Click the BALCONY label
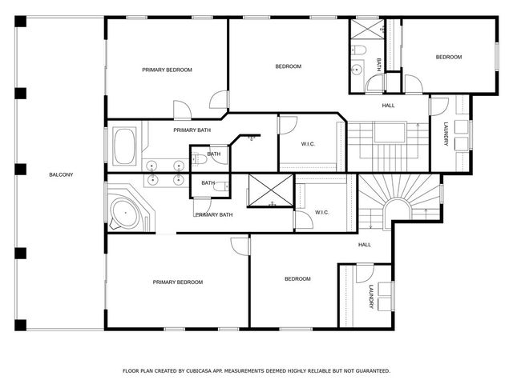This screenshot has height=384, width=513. coord(61,174)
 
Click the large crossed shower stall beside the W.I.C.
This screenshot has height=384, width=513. coord(271,190)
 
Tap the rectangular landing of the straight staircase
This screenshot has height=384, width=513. coord(390,133)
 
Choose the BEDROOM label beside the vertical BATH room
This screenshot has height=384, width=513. coord(448,57)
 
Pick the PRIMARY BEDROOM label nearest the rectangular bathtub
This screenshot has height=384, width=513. coord(167,70)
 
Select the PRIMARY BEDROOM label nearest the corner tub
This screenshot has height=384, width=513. coord(177,282)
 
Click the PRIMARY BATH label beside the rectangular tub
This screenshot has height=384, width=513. coord(192,130)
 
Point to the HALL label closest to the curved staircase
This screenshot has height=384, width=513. coord(364,245)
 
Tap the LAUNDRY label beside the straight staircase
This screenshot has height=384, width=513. coord(446,134)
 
